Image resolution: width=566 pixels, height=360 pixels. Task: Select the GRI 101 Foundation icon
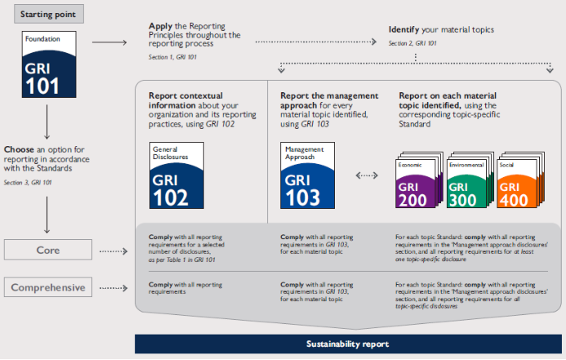pyautogui.click(x=49, y=65)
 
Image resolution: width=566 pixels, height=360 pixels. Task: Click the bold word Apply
pyautogui.click(x=160, y=27)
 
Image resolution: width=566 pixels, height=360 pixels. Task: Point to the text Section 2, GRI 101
pyautogui.click(x=413, y=42)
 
